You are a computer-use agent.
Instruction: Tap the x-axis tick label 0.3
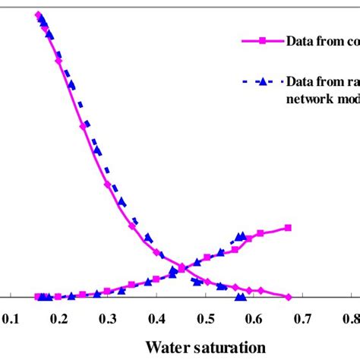107,321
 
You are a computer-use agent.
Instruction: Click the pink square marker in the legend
261,43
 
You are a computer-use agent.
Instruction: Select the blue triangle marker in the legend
261,83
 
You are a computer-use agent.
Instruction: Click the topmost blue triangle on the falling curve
41,17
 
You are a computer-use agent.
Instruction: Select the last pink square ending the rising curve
288,227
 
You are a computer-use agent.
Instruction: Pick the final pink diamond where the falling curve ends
288,296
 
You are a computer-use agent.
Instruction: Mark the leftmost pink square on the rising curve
38,297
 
